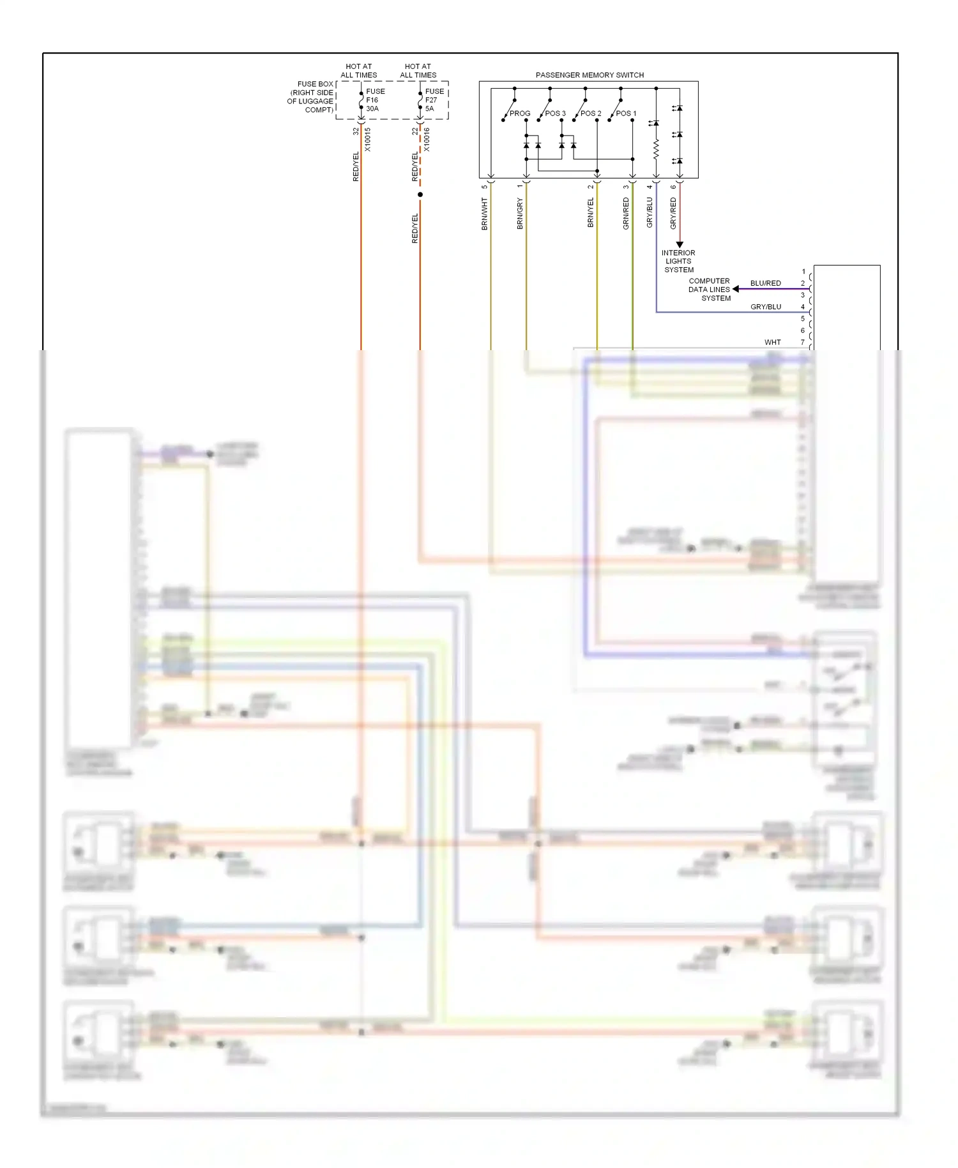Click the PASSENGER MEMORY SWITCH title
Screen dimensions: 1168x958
(589, 75)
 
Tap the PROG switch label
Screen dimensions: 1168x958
(520, 113)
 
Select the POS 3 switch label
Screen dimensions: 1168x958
(555, 113)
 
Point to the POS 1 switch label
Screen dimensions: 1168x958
(626, 113)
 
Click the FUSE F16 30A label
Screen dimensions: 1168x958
(375, 100)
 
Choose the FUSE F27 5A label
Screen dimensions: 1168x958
(434, 100)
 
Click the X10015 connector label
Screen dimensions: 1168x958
(367, 139)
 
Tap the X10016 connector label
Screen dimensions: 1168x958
(427, 139)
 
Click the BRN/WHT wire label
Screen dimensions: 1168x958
(485, 213)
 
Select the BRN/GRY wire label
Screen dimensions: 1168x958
(520, 213)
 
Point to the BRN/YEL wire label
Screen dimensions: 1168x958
(591, 212)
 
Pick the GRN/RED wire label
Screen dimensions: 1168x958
(626, 213)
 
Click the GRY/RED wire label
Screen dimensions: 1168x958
(673, 213)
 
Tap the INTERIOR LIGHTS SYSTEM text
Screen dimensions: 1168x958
(678, 261)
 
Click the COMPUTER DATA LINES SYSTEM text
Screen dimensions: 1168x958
(709, 289)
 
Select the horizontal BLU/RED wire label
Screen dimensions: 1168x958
(765, 283)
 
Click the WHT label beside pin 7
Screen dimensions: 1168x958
(772, 342)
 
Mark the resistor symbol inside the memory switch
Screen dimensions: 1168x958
(656, 151)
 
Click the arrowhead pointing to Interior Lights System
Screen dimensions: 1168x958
(680, 245)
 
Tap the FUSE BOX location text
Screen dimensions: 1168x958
(311, 96)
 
